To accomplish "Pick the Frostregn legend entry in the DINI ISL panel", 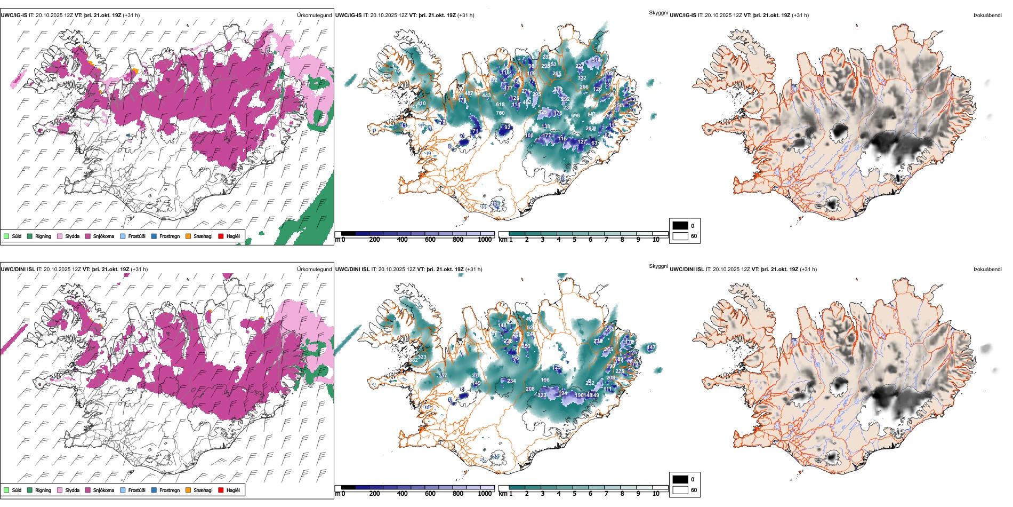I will [x=169, y=490].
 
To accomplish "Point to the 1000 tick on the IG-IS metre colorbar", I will [x=485, y=240].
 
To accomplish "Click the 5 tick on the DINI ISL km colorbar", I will [x=574, y=494].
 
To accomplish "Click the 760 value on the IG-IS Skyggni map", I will [x=500, y=113].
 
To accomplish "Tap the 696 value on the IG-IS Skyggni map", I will [x=575, y=116].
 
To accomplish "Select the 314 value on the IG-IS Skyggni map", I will [x=596, y=60].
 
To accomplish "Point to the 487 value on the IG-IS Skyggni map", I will [x=469, y=93].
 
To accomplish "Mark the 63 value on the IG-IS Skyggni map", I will [x=594, y=143].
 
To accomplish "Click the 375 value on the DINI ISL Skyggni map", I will [x=476, y=376].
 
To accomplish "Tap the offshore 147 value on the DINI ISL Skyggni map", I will [x=651, y=347].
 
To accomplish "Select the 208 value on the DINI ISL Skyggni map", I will [x=530, y=389].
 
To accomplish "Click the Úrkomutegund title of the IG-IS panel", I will [x=314, y=15].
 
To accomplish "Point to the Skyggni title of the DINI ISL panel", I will [x=658, y=266].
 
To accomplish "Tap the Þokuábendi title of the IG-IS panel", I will [x=987, y=15].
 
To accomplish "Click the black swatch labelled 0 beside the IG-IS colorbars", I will [x=680, y=226].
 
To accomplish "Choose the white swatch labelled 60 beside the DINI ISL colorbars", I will [x=680, y=490].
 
